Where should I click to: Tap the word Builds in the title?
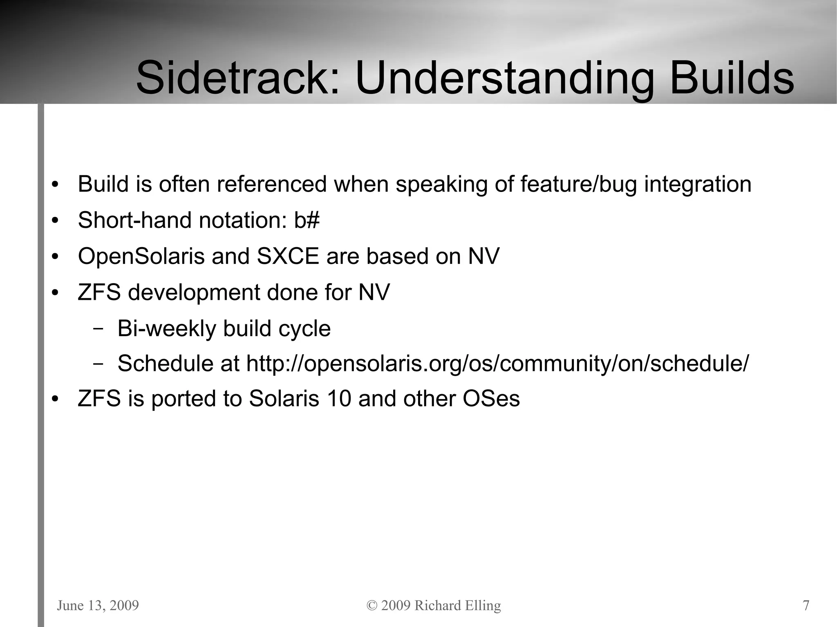pos(732,78)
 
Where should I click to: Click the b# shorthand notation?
pos(307,220)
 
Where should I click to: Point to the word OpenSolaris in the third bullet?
pos(141,257)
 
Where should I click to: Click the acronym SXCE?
pos(287,257)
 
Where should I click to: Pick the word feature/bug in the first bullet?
pos(578,184)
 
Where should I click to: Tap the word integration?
pos(698,184)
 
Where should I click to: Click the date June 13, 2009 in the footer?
pos(98,605)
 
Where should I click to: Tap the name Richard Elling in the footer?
pos(457,605)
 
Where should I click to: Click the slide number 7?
pos(806,605)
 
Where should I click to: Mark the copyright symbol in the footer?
pos(372,605)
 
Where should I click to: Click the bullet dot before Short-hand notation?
pos(55,221)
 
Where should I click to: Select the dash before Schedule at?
pos(98,363)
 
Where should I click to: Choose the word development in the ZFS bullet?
pos(193,292)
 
